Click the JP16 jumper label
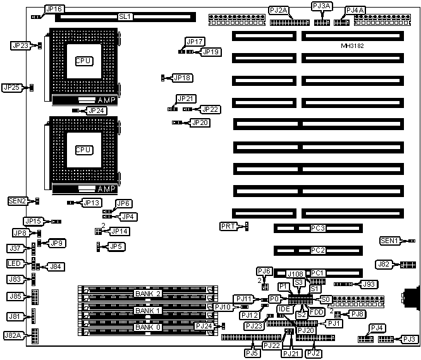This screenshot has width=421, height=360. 54,9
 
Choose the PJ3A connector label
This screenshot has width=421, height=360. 321,6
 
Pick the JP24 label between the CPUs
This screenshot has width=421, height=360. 96,111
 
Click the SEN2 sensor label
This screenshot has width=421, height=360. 17,201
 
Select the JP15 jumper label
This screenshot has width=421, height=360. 32,221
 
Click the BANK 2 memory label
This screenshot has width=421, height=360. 147,294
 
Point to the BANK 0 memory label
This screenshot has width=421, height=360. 147,327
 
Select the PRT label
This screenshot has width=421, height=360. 228,226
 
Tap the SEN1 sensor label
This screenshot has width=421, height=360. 389,241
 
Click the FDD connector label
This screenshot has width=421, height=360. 317,312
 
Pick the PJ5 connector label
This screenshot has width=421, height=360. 252,345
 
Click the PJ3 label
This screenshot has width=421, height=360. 409,339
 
